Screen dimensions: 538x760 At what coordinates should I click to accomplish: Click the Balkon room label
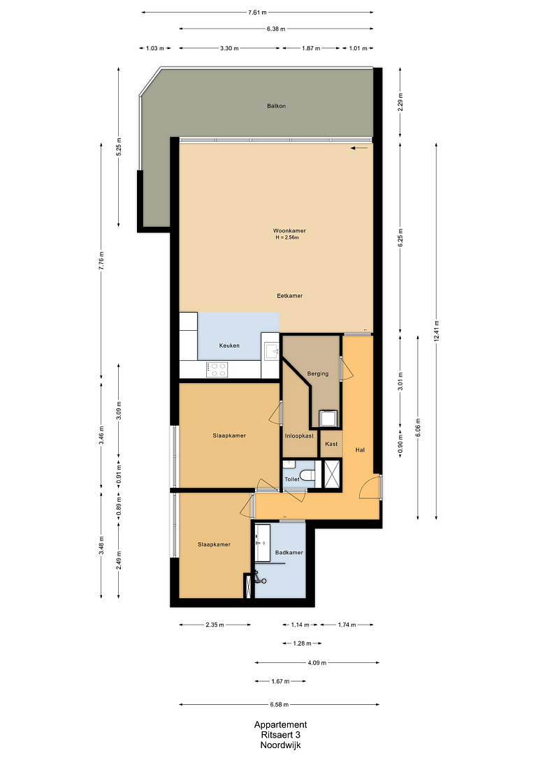click(276, 105)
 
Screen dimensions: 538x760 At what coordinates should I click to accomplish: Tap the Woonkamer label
click(289, 231)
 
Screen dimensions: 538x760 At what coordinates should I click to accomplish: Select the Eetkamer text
click(290, 296)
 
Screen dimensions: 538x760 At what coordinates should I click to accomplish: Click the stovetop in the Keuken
click(217, 370)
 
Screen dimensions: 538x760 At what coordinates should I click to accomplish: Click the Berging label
click(318, 373)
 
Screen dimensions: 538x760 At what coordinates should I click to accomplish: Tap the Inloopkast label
click(299, 435)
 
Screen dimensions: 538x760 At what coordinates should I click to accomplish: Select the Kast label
click(331, 444)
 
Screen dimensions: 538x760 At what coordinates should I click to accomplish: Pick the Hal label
click(360, 450)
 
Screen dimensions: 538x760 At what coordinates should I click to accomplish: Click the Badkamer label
click(289, 553)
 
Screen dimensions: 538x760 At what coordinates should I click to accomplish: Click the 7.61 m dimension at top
click(257, 13)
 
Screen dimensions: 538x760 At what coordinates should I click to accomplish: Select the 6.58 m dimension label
click(279, 705)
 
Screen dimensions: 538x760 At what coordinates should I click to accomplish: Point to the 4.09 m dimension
click(317, 662)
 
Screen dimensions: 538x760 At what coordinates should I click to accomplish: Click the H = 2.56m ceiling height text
click(287, 237)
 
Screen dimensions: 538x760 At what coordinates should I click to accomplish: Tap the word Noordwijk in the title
click(280, 745)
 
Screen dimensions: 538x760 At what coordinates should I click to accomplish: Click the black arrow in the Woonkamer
click(359, 149)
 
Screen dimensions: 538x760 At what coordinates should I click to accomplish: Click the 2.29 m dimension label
click(400, 103)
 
